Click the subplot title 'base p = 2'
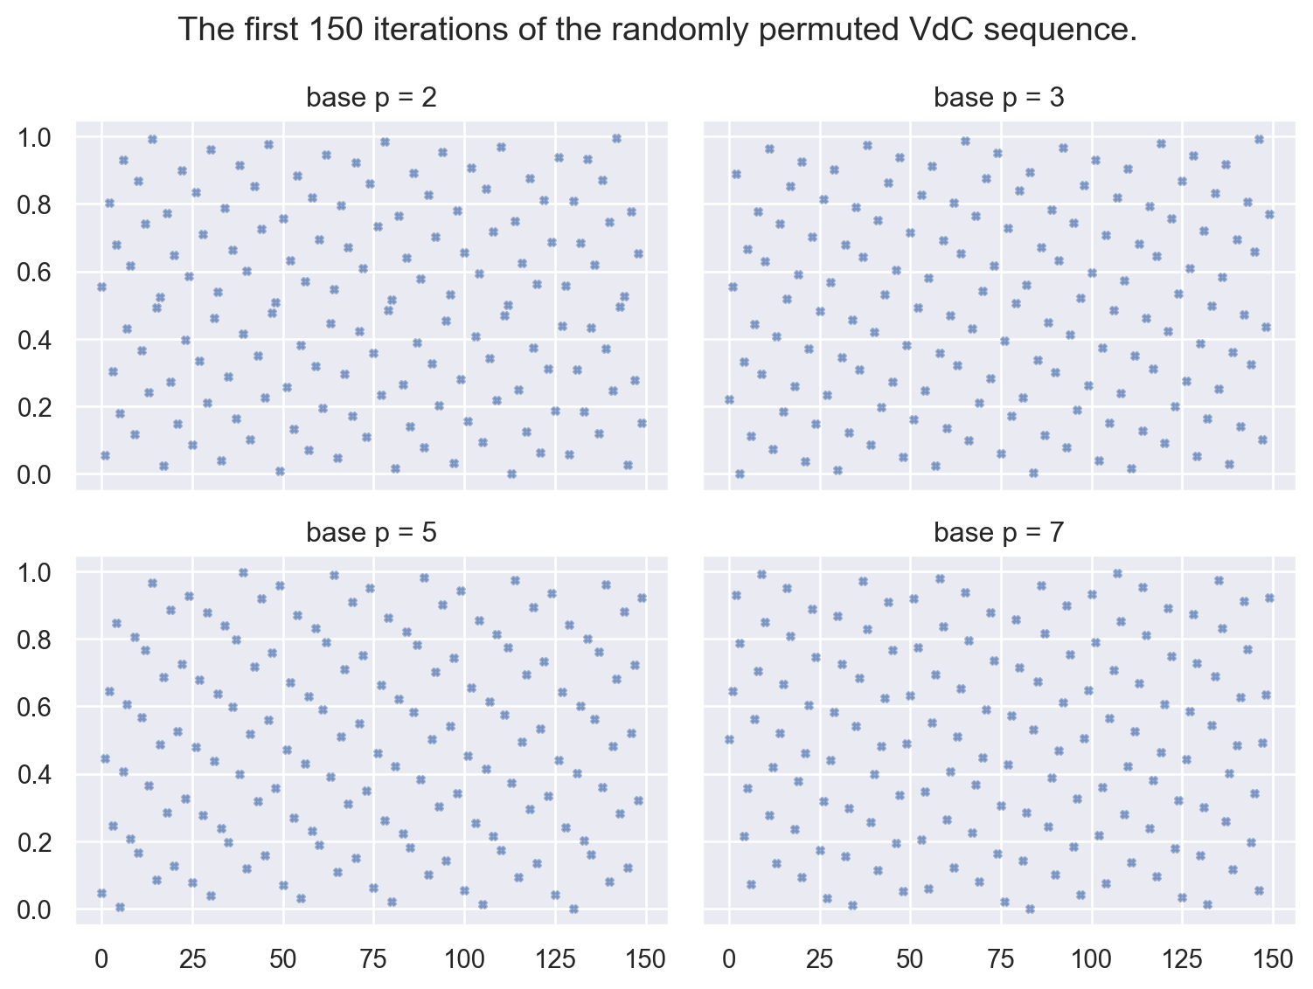(x=372, y=98)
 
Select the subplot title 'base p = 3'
(x=999, y=98)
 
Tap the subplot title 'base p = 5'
(x=372, y=533)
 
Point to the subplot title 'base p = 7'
(x=999, y=533)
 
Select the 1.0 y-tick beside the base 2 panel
(x=38, y=138)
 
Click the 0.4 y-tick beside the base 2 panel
(x=38, y=340)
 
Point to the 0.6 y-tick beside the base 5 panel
(x=38, y=708)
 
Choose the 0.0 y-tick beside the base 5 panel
(x=38, y=909)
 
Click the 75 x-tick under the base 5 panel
(x=373, y=959)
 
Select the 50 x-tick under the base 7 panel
(x=910, y=959)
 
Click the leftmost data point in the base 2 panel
(x=101, y=287)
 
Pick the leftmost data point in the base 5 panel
(x=101, y=893)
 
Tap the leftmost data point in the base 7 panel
(x=729, y=739)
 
